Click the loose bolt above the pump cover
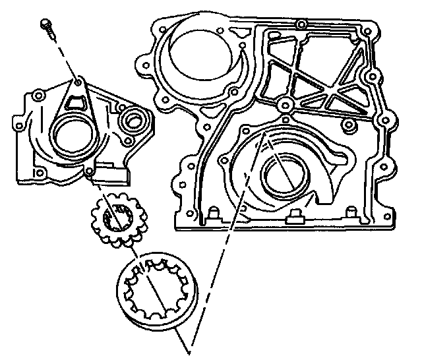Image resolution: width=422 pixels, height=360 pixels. (x=48, y=26)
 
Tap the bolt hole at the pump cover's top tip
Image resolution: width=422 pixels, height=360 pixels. (x=79, y=83)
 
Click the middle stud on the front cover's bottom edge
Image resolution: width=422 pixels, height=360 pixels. (x=295, y=215)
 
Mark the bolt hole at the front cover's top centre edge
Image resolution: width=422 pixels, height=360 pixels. (x=300, y=25)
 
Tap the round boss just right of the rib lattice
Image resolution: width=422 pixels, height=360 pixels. (x=372, y=76)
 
